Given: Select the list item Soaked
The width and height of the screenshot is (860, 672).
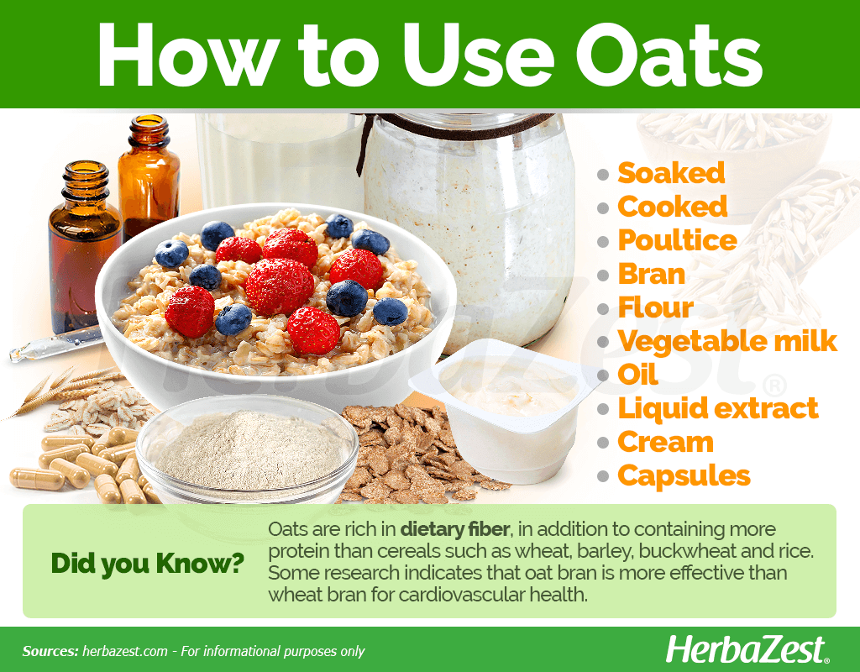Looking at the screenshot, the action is point(671,173).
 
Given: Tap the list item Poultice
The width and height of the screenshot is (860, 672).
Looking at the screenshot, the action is point(678,241).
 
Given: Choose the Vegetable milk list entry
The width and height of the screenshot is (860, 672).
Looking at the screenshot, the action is point(727,341).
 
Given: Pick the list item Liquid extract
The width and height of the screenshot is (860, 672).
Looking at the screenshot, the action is point(718,409).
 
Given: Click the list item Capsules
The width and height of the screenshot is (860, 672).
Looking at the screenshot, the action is point(684,476).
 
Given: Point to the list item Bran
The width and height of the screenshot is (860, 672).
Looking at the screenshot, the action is point(652,274).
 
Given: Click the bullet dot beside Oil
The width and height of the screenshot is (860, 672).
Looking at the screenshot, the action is point(603,376).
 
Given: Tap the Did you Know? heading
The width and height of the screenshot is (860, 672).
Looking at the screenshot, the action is point(148,564).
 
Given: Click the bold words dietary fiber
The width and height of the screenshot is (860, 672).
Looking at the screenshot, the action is point(455,529).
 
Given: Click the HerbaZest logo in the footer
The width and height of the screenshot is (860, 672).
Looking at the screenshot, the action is point(747,651).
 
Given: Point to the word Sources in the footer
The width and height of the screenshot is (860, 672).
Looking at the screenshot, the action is point(50,652).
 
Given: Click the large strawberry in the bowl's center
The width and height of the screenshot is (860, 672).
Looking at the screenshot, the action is point(279,286).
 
